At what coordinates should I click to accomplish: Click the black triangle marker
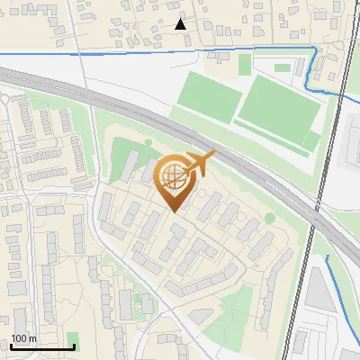click(181, 24)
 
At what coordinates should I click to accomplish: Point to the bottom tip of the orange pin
click(175, 211)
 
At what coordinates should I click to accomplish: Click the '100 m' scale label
click(24, 338)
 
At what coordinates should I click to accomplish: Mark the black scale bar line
click(42, 346)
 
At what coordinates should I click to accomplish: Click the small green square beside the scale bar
click(72, 339)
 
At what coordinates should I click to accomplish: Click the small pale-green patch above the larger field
click(282, 67)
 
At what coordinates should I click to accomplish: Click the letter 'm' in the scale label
click(32, 338)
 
